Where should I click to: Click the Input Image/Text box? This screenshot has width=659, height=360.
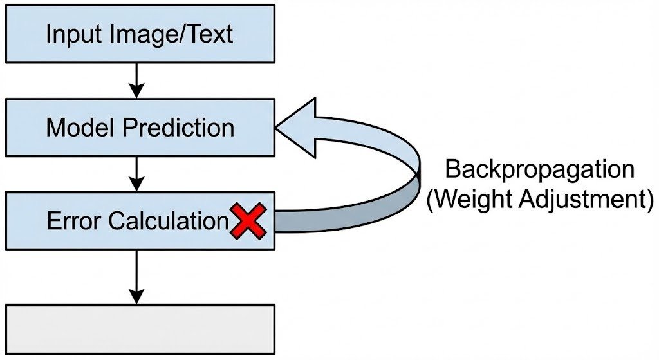[140, 33]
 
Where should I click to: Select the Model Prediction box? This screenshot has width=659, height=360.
[140, 127]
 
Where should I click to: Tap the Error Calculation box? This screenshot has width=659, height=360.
[140, 221]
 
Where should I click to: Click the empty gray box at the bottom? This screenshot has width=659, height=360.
[140, 328]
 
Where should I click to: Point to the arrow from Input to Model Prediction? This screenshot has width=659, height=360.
[136, 80]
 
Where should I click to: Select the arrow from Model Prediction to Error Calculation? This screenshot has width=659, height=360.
[136, 173]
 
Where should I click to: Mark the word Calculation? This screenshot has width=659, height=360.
[168, 222]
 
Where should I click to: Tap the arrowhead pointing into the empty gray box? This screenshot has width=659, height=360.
[136, 297]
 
